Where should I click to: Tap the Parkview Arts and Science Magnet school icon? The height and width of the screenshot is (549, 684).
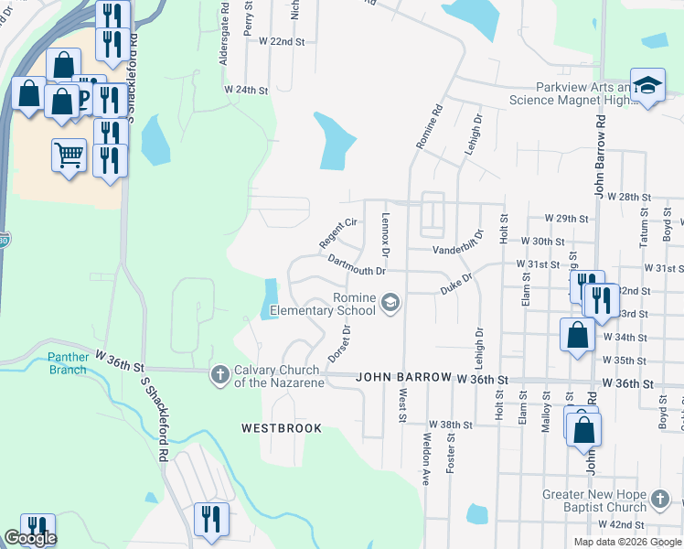click(x=647, y=86)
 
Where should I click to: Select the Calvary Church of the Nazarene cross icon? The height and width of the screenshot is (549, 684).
click(x=219, y=374)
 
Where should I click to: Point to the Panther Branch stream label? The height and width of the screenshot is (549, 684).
click(x=56, y=363)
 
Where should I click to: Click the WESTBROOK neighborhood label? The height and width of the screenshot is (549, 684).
click(x=282, y=427)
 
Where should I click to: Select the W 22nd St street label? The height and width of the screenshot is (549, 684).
click(x=282, y=42)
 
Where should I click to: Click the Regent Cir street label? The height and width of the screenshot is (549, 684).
click(x=337, y=232)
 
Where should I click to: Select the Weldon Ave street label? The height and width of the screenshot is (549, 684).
click(x=426, y=458)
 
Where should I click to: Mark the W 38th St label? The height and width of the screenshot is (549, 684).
click(x=450, y=425)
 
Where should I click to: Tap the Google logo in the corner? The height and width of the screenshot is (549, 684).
click(x=30, y=538)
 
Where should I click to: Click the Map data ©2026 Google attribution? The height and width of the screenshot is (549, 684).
click(x=626, y=542)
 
